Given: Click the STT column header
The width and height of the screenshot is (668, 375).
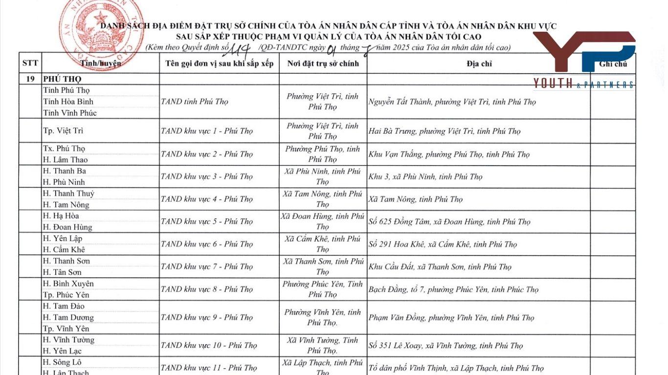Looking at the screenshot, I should pos(30,63).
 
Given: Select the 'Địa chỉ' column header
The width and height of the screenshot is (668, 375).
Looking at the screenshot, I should pos(479,63).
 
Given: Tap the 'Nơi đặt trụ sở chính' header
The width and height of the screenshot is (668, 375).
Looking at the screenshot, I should pos(323,63).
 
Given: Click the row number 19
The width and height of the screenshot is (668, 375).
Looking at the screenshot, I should pos(30,79).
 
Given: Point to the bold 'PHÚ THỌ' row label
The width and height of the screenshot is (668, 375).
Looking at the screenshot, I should pos(62,79).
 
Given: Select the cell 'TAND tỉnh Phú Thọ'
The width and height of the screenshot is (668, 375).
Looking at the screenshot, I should pos(195,102).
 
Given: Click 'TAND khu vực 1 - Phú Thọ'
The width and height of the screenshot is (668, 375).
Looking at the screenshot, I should pos(207,131).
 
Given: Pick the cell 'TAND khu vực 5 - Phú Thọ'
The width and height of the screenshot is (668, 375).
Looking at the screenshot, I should pos(207,222).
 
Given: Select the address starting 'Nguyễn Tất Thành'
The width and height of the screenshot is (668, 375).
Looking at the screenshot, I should pos(452,102).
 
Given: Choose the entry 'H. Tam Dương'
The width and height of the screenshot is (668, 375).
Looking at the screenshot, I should pos(68,317).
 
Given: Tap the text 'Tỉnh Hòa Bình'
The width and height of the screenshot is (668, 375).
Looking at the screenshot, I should pos(68,102).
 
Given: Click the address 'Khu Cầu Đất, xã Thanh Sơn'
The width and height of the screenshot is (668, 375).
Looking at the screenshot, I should pos(440,267).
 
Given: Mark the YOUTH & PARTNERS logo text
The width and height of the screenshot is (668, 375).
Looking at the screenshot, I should pos(584,84).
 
